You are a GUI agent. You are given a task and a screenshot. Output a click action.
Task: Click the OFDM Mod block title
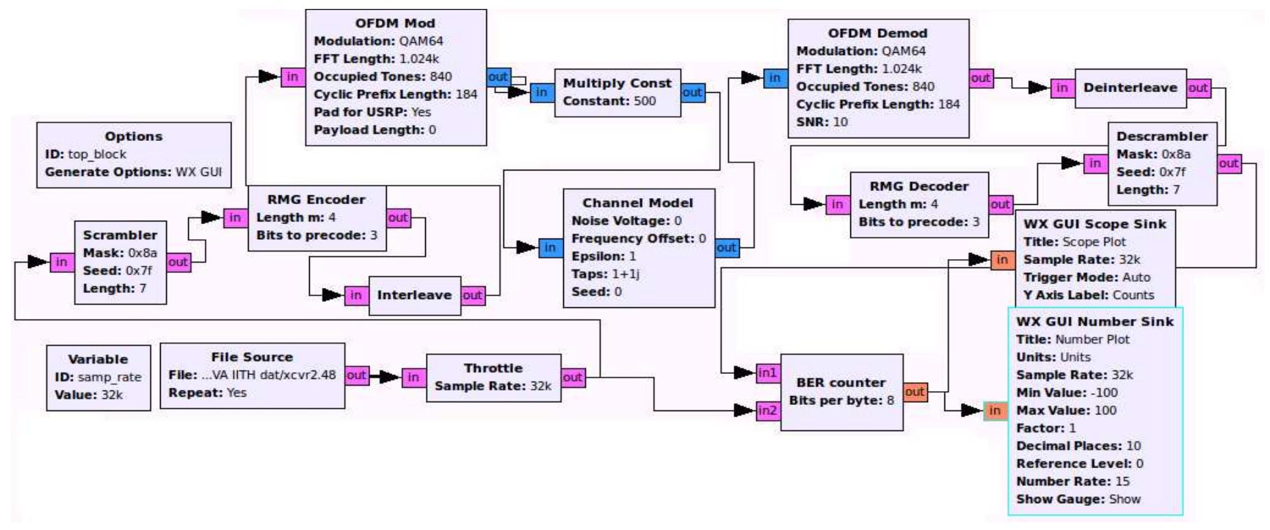pos(395,23)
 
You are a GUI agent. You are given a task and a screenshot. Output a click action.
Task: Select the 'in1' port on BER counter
pos(767,373)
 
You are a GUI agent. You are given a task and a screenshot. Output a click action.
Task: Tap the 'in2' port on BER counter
pos(767,411)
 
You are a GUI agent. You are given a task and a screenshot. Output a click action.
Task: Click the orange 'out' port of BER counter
pos(914,392)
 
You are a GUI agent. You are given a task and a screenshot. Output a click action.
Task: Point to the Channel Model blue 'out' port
pos(726,248)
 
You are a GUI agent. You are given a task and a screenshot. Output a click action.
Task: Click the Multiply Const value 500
pos(644,101)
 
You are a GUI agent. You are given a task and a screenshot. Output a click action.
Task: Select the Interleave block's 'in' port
pos(355,296)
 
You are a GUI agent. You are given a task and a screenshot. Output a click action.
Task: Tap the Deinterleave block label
pos(1130,88)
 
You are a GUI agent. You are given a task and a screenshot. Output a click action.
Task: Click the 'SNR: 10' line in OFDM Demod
pos(821,122)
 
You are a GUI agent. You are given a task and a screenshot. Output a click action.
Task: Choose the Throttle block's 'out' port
pos(573,377)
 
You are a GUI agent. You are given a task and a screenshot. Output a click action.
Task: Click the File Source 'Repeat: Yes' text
pos(207,393)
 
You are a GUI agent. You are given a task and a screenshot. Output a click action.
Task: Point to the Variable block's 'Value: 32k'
pos(89,395)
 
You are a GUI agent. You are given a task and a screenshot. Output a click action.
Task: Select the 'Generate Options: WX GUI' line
pos(133,173)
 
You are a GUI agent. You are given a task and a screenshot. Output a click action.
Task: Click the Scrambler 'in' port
pos(61,262)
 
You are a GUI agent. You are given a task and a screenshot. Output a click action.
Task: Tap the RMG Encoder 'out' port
pos(398,218)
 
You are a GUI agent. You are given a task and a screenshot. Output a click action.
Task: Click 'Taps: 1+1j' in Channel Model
pos(605,274)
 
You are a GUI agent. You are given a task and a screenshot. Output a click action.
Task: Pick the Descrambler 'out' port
pos(1228,164)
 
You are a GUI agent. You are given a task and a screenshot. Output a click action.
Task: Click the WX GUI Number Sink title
pos(1095,322)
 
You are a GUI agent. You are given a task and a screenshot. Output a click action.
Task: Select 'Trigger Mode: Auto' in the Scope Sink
pos(1086,278)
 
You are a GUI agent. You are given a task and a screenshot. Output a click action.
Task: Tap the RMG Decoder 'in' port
pos(836,204)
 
